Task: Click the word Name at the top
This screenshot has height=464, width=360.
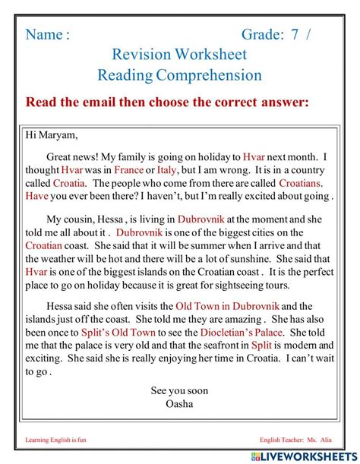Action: pos(43,35)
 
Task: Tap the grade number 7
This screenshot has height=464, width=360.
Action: pos(295,35)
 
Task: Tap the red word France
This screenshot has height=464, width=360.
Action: pos(128,171)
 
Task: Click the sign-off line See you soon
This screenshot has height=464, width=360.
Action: pos(179,390)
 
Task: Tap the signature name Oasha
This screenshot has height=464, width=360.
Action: pos(179,403)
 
